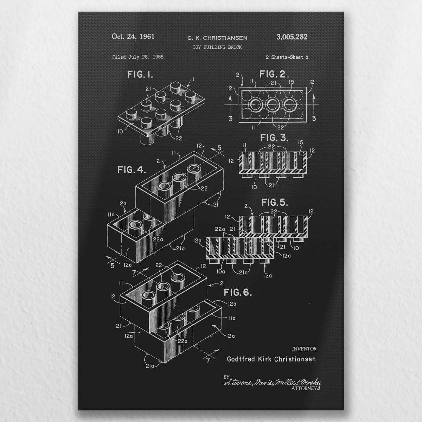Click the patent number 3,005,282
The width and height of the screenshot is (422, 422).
tap(292, 37)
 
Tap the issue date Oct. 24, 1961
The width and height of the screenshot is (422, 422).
tap(133, 37)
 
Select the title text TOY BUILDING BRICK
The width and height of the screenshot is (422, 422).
tap(217, 47)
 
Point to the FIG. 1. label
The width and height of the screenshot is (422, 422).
tap(140, 75)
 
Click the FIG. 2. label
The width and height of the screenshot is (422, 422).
tap(274, 74)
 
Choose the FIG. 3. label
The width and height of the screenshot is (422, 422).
tap(274, 138)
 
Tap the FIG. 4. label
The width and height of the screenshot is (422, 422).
tap(132, 170)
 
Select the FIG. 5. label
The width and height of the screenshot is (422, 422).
tap(275, 203)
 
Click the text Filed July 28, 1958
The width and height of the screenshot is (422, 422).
tap(138, 57)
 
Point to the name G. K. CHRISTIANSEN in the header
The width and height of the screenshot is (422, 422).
tap(217, 38)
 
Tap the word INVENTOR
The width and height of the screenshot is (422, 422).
tap(304, 349)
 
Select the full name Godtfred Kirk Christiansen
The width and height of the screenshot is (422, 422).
tap(271, 359)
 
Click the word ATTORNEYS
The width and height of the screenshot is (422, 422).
tap(306, 388)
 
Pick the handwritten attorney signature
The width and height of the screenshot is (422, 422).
tap(272, 382)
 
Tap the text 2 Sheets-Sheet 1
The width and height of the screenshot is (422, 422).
tap(287, 57)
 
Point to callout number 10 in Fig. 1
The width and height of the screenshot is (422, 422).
tap(120, 132)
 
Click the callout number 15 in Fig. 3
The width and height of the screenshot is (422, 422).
tap(300, 142)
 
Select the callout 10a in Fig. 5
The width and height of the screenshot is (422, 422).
tap(221, 272)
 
